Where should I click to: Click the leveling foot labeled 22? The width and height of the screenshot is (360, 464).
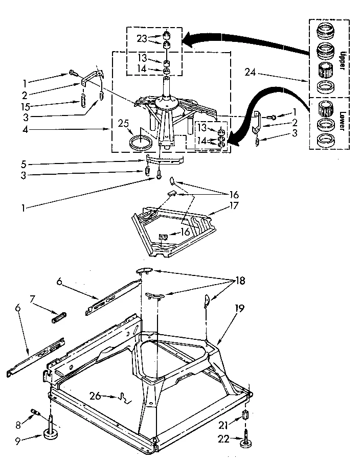245,440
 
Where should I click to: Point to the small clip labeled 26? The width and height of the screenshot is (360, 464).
123,397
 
